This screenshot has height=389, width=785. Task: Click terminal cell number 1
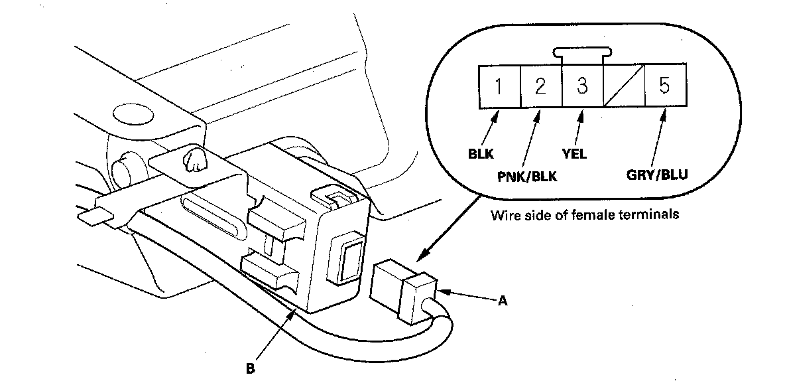pyautogui.click(x=499, y=86)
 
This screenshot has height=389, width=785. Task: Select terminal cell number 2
pyautogui.click(x=541, y=86)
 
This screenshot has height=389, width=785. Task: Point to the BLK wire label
pyautogui.click(x=481, y=153)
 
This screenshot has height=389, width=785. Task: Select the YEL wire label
pyautogui.click(x=575, y=153)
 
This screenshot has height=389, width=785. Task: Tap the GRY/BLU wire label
pyautogui.click(x=657, y=175)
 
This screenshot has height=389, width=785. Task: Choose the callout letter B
pyautogui.click(x=251, y=369)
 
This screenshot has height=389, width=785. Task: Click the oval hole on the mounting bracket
pyautogui.click(x=132, y=114)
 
